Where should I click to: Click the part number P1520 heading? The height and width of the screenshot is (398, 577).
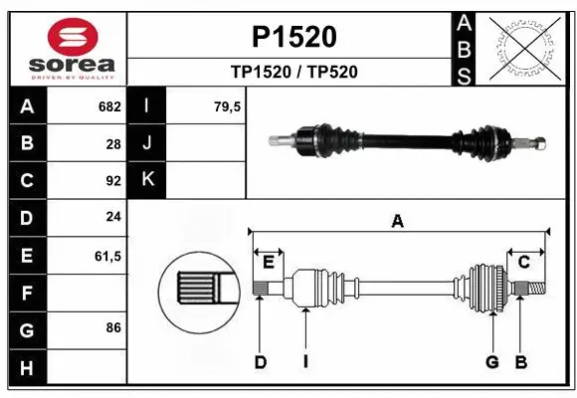pos(293,37)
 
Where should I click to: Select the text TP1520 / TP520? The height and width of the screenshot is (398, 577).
pos(293,72)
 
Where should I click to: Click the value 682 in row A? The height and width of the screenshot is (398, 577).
pos(108,106)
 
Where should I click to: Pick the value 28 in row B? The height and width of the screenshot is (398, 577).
pos(112,143)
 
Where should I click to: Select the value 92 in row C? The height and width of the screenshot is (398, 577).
pos(112,181)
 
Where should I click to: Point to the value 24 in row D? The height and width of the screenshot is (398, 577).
pos(112,218)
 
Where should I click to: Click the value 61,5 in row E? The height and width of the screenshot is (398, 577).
pos(107,256)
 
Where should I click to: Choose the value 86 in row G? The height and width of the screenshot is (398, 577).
pos(112,326)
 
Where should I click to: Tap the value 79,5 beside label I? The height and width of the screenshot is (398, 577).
pos(227,106)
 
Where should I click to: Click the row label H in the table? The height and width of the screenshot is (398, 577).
pos(27,368)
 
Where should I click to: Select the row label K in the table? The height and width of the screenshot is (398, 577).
pos(147,179)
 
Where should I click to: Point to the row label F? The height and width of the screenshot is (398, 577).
pos(27,294)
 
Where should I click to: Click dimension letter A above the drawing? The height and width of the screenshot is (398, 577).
pos(398,222)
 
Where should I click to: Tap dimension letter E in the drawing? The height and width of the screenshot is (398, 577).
pos(269,262)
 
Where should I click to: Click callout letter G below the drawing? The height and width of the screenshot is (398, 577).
pos(491,362)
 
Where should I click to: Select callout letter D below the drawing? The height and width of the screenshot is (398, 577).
pos(261,362)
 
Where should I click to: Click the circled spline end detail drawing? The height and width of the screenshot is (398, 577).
pos(199,291)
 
